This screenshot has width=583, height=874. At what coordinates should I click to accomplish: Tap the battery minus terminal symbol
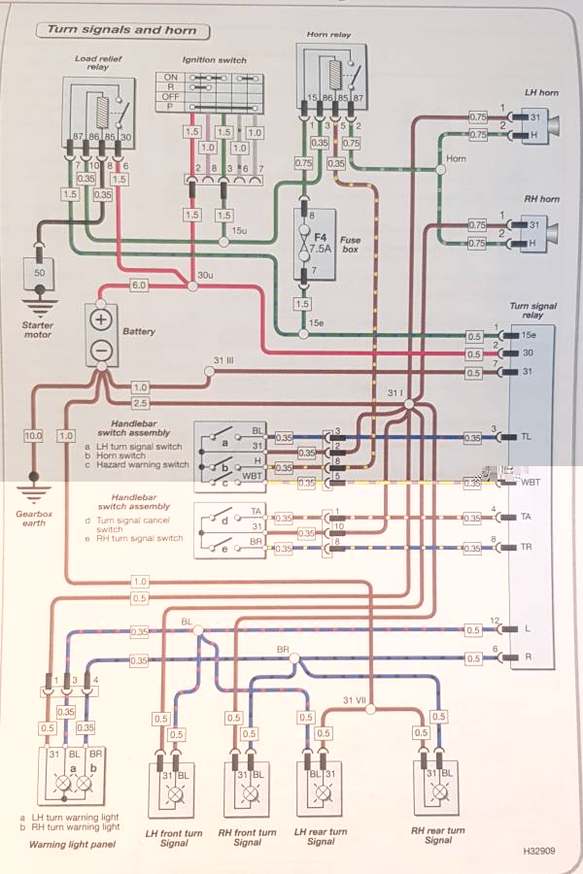(101, 351)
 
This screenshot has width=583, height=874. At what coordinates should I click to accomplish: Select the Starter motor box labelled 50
(40, 275)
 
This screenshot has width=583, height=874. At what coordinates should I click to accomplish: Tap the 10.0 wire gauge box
(33, 436)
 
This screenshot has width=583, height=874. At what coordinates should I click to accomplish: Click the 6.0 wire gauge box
(139, 286)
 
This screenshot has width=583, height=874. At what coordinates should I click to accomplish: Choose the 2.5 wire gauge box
(139, 402)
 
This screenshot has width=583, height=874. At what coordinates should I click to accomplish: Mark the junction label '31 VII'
(357, 700)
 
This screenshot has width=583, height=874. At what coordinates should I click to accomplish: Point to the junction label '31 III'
(224, 361)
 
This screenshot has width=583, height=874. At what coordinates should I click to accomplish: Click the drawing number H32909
(540, 851)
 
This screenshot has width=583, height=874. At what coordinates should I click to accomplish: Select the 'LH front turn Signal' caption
(174, 837)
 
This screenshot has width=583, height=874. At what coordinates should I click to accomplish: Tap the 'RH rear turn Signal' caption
(438, 837)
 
